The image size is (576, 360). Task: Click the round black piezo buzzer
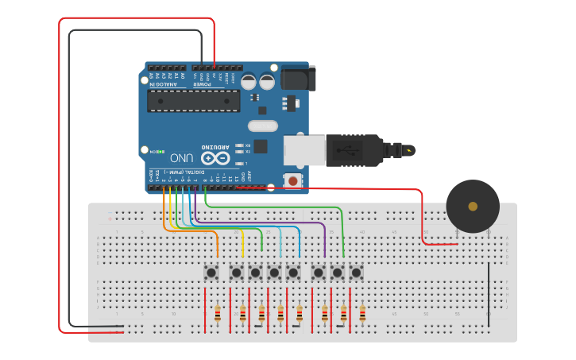tap(473, 206)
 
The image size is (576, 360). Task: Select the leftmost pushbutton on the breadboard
tap(211, 273)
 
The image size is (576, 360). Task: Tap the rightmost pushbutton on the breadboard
tap(356, 273)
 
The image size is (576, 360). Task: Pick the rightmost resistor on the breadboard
tap(362, 315)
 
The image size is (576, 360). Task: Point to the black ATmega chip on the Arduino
tap(193, 101)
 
